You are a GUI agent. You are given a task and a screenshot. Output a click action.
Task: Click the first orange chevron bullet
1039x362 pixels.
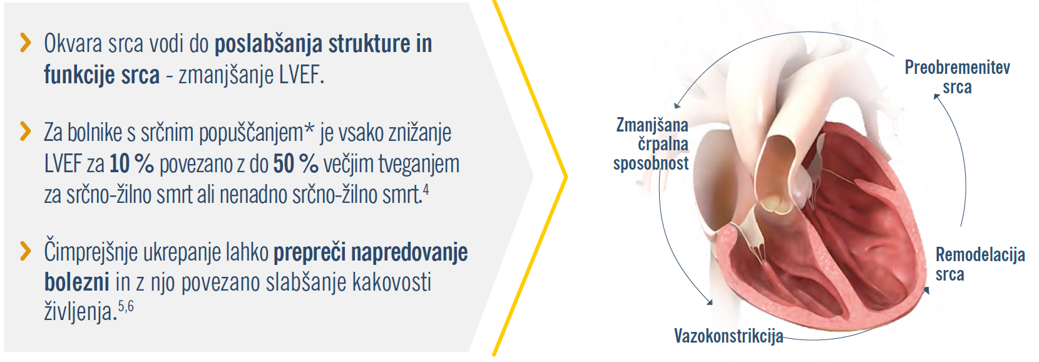point(26,43)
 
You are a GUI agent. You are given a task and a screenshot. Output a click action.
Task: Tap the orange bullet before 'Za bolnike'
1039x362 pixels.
point(26,132)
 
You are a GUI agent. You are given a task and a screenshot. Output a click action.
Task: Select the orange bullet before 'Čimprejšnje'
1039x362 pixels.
point(26,251)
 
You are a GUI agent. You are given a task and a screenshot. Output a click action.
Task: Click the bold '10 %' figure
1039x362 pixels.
point(131,163)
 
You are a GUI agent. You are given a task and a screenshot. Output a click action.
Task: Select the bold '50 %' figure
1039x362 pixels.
point(296,163)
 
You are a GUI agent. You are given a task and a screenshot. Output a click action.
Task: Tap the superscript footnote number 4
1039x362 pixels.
point(426,190)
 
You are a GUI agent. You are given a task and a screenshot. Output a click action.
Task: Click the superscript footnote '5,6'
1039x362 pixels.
point(126,306)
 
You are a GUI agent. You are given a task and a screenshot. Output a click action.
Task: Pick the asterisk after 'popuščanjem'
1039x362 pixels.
point(309,128)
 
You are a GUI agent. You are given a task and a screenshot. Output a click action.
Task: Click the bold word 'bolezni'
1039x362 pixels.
point(77,282)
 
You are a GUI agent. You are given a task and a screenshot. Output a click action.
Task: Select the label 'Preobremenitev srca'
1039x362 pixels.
point(958,77)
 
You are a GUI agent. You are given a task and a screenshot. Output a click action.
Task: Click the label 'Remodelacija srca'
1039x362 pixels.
point(980,264)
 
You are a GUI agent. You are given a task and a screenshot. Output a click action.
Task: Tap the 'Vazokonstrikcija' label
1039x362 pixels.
point(729,336)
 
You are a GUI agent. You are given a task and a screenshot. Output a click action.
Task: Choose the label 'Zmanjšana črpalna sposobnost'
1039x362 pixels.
point(651,144)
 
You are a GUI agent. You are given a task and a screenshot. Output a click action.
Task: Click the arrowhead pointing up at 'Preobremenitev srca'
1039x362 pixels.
point(936,96)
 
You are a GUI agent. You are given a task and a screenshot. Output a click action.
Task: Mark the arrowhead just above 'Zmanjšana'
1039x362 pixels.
point(677,106)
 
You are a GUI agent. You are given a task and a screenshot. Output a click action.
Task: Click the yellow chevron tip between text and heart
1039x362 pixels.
point(565,177)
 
